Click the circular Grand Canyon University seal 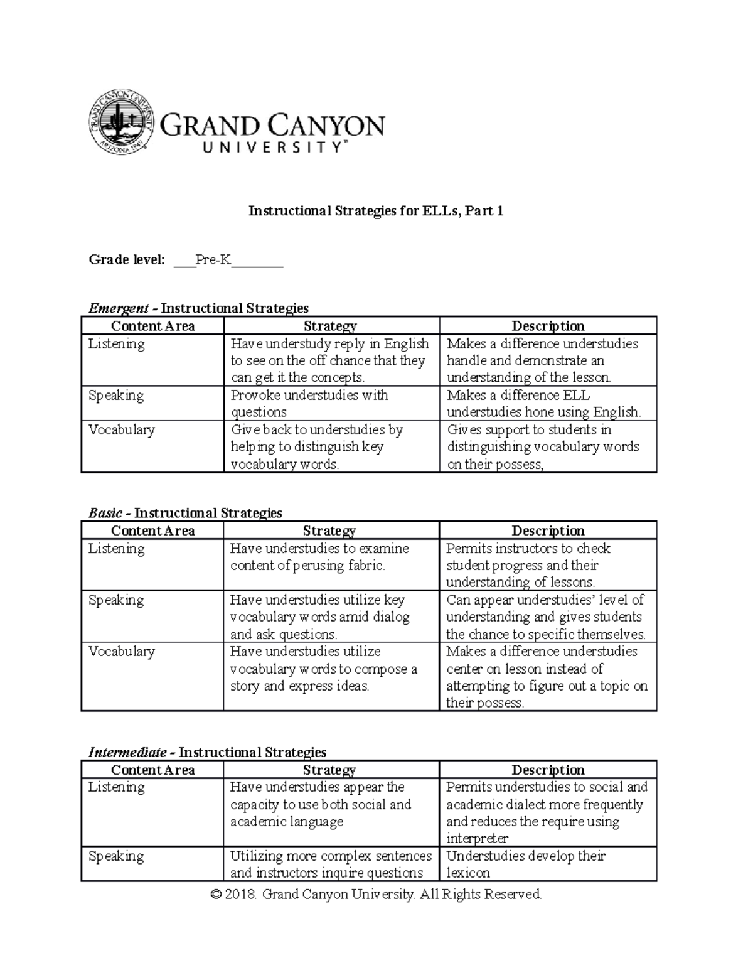(x=120, y=121)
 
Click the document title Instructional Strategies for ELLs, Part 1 (x=376, y=211)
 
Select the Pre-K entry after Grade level (x=213, y=259)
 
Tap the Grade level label (x=127, y=259)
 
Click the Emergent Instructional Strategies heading (x=199, y=308)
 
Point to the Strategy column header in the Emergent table (x=330, y=326)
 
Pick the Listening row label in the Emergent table (x=117, y=344)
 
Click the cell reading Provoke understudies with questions (x=310, y=403)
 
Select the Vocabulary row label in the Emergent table (x=122, y=430)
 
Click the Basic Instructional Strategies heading (x=186, y=513)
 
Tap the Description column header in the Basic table (x=548, y=531)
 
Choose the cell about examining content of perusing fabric (x=319, y=557)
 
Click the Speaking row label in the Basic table (x=116, y=600)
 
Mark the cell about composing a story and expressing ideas (x=323, y=669)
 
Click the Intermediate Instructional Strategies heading (x=208, y=752)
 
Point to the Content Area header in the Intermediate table (x=152, y=770)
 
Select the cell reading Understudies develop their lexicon (x=526, y=864)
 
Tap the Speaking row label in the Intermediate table (x=116, y=856)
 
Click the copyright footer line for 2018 (x=376, y=894)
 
